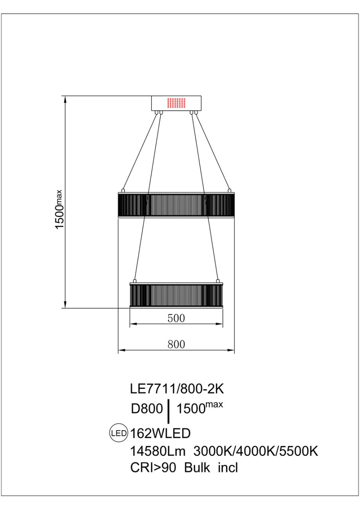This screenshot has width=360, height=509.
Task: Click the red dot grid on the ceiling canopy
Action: click(176, 103)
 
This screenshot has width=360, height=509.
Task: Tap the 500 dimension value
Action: click(176, 318)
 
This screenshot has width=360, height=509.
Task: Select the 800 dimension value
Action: click(176, 344)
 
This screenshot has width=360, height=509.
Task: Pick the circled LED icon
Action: click(118, 433)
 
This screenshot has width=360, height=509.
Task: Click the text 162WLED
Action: click(160, 433)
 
